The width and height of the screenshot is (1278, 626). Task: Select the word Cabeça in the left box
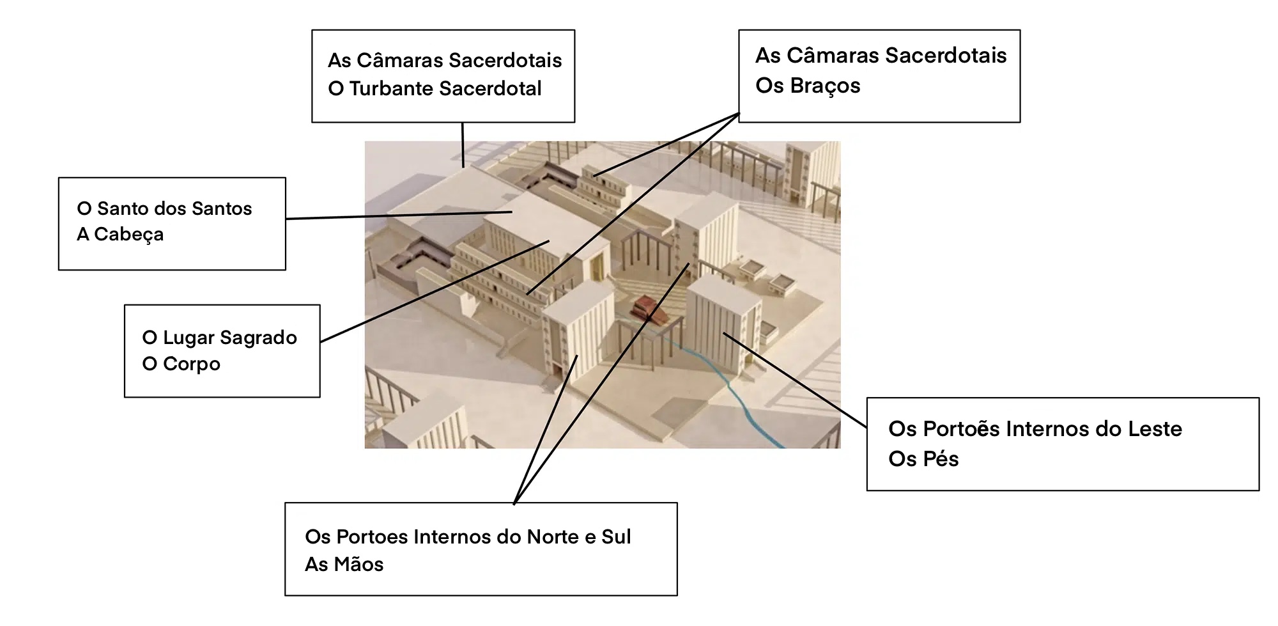[129, 235]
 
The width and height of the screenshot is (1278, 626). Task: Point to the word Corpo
[191, 364]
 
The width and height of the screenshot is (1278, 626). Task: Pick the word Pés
[942, 459]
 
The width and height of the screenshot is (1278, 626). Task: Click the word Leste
[1155, 429]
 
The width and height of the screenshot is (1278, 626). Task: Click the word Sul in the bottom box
[616, 537]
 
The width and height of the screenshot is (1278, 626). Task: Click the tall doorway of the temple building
[599, 267]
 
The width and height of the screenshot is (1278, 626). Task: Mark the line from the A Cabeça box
[399, 215]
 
